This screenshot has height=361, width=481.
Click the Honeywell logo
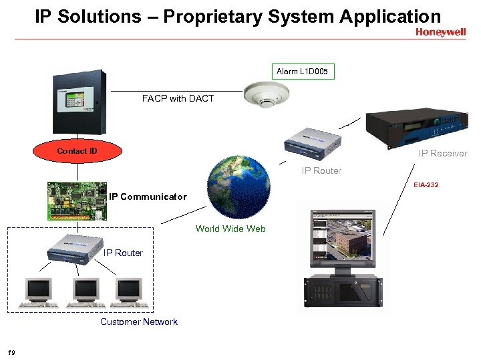point(440,32)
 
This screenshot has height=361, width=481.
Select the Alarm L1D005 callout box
point(303,71)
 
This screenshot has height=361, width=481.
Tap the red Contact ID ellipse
point(77,151)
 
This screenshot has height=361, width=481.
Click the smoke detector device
point(265,94)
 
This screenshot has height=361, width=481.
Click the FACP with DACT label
point(178,98)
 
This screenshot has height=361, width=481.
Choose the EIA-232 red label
point(426,185)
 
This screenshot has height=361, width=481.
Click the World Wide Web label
point(230,229)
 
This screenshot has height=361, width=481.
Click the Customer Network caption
point(139,322)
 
